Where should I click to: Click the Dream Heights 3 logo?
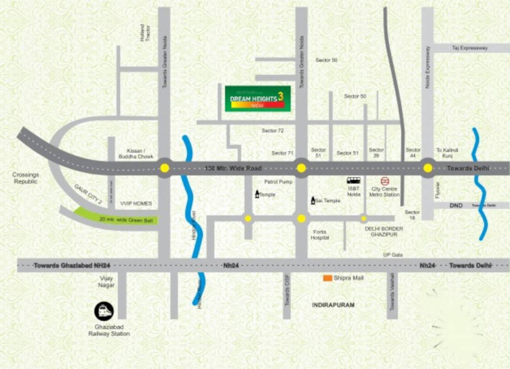(x=258, y=98)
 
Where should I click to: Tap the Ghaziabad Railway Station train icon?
(x=104, y=311)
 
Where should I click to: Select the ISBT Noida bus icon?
(x=354, y=181)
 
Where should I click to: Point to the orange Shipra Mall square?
(x=328, y=278)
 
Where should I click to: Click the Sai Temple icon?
(x=313, y=200)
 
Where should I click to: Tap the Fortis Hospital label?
(x=320, y=234)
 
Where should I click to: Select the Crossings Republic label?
(x=26, y=178)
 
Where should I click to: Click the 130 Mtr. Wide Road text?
(x=233, y=168)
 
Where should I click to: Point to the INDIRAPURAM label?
(x=333, y=305)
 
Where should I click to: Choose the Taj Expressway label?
(x=470, y=48)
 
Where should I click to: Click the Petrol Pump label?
(x=278, y=182)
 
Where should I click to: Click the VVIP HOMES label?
(x=136, y=204)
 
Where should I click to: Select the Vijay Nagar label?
(x=107, y=282)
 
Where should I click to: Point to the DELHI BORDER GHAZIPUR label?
(x=384, y=232)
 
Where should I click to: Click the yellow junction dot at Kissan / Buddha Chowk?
(x=165, y=168)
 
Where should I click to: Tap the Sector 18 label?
(x=412, y=215)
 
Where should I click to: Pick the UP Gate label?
(x=393, y=255)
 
